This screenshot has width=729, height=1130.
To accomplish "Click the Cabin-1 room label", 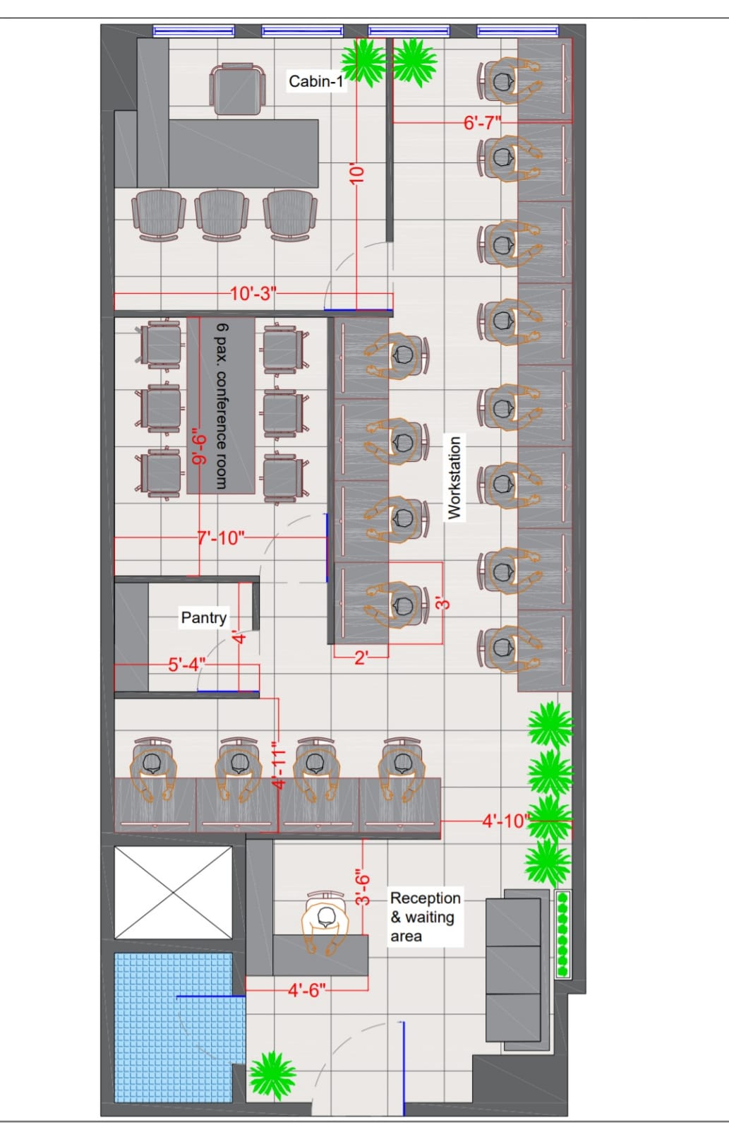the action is tap(316, 81).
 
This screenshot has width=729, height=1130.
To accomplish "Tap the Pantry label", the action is tap(204, 617).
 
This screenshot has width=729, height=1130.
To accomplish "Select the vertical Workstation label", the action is tap(454, 477).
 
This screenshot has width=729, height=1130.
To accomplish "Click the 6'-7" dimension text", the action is tap(483, 123).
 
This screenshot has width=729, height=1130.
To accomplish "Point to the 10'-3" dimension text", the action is tap(253, 293).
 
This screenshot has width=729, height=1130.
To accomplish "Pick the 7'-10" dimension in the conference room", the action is tap(220, 537).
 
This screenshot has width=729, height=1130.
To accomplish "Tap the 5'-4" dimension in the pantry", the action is tap(186, 665).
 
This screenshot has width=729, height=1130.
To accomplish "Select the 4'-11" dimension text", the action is tap(278, 764).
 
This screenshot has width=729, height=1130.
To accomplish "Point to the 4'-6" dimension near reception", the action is tap(306, 990).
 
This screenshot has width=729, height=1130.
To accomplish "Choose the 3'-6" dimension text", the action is tap(363, 886).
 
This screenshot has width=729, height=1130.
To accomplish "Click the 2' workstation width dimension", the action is tap(361, 658).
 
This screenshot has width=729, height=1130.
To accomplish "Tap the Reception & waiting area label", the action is tap(426, 917).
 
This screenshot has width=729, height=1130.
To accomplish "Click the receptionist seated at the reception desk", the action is tap(325, 923).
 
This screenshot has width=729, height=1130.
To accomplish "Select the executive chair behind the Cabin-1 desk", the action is tap(237, 90).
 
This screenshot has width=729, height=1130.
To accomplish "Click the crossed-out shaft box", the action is tap(173, 893).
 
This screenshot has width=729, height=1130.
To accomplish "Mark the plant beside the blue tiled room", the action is tap(272, 1075).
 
